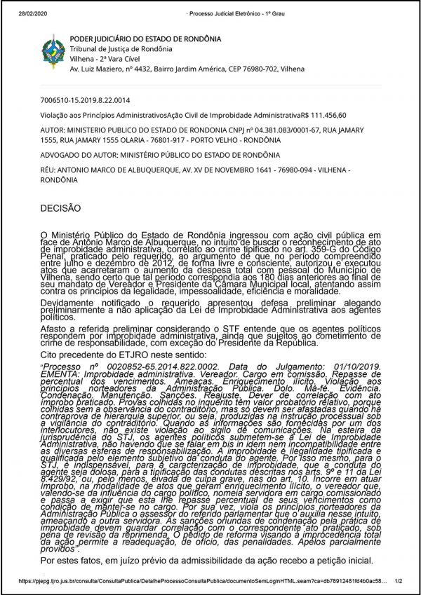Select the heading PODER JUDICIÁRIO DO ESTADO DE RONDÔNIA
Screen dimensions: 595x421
[145, 39]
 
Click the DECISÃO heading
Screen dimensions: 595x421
[61, 208]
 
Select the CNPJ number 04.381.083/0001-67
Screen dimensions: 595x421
[263, 130]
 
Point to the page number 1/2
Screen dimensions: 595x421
[399, 581]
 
